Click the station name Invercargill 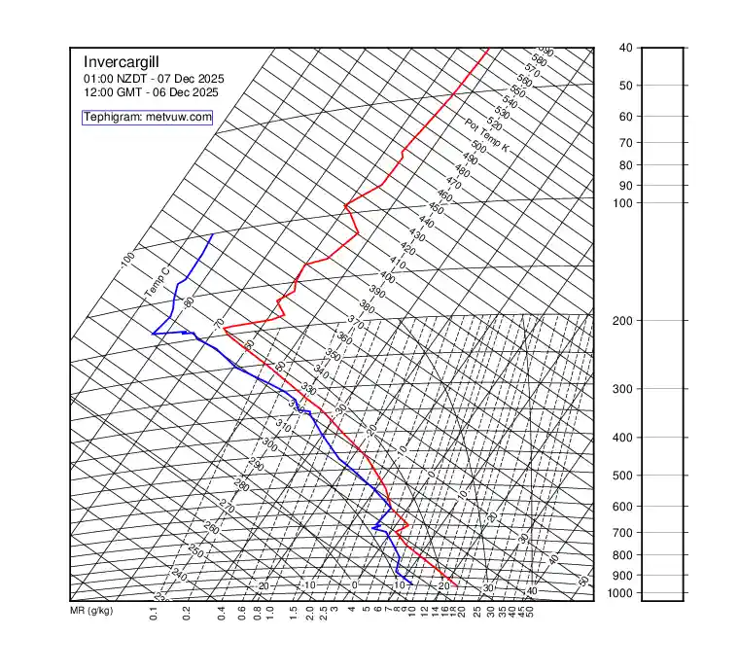pyautogui.click(x=130, y=61)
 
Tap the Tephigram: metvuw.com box pyautogui.click(x=147, y=117)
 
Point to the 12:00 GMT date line pyautogui.click(x=151, y=91)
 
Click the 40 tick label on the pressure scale pyautogui.click(x=624, y=48)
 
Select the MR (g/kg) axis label pyautogui.click(x=91, y=612)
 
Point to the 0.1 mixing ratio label pyautogui.click(x=154, y=614)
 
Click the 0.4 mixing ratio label pyautogui.click(x=222, y=614)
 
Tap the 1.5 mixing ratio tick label pyautogui.click(x=294, y=614)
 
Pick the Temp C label pyautogui.click(x=157, y=282)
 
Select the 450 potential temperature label pyautogui.click(x=436, y=209)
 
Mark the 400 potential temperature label pyautogui.click(x=387, y=277)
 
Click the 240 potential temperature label pyautogui.click(x=179, y=575)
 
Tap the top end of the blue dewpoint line pyautogui.click(x=213, y=234)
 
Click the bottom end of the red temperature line pyautogui.click(x=457, y=585)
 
